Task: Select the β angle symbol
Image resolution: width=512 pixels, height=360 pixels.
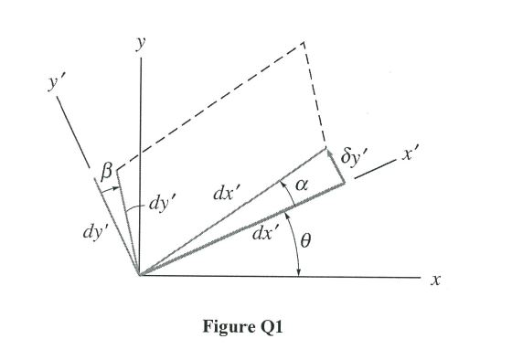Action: pos(106,169)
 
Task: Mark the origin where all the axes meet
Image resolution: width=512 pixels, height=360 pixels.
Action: pos(139,274)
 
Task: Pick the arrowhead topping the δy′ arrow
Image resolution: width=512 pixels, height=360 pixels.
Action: pos(326,150)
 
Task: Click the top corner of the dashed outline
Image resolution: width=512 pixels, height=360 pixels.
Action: pos(303,42)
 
